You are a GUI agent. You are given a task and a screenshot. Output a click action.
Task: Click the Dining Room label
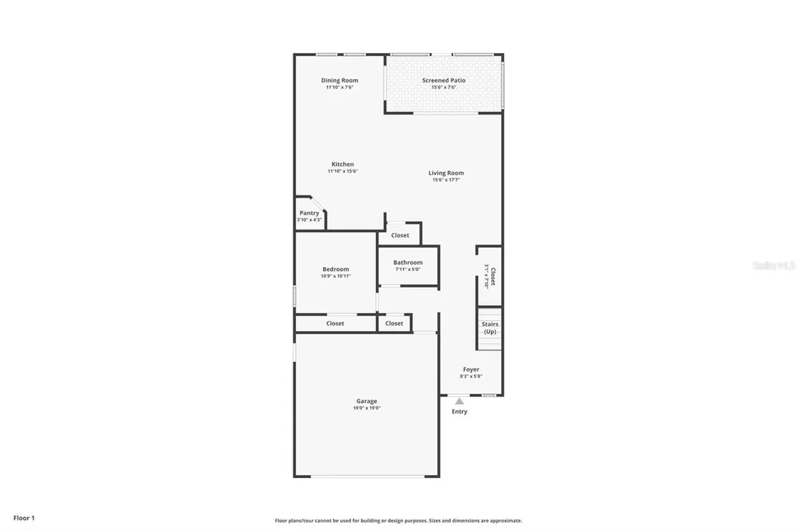339,80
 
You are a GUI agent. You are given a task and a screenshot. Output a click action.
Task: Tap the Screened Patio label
444,80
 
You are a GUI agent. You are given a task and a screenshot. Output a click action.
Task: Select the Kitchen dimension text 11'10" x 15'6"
342,171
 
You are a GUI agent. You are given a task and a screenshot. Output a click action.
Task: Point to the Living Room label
446,173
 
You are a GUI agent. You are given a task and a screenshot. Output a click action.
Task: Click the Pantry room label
309,213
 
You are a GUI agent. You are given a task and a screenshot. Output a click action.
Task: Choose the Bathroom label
408,262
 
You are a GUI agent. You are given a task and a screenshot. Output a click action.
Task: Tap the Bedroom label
335,269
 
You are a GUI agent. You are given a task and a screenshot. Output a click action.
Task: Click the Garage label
367,401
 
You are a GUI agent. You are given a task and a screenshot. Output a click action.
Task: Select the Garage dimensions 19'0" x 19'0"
367,408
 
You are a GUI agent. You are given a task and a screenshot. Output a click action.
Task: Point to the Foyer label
471,369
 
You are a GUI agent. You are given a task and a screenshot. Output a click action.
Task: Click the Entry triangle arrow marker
459,401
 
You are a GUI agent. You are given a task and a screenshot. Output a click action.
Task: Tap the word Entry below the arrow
459,411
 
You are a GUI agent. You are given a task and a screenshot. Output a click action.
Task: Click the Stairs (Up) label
490,328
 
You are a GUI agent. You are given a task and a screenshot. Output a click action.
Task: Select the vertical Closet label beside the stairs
493,277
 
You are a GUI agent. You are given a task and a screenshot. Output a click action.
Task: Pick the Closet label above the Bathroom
400,235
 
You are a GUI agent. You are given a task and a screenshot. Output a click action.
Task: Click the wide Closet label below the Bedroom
335,323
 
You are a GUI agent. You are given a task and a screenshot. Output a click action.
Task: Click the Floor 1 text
24,518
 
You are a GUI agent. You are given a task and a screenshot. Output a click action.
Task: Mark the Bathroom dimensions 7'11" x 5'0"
408,269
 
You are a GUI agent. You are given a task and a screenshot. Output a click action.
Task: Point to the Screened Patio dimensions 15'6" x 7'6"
444,87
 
